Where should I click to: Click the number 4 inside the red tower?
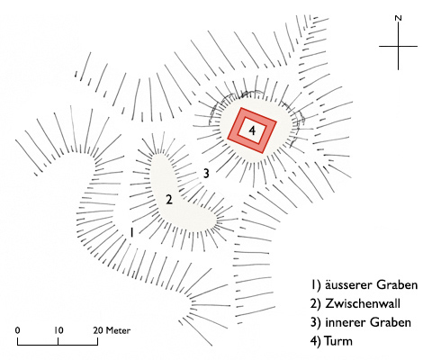pos(252,130)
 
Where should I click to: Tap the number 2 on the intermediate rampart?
pos(169,200)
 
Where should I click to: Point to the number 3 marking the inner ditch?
pos(206,174)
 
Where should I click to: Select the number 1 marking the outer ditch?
pos(131,232)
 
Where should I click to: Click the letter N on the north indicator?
pos(398,18)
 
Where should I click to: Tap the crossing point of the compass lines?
pos(398,46)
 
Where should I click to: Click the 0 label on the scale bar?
pos(18,330)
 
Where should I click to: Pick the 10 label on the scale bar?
pos(58,330)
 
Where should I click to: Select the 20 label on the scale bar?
pos(98,330)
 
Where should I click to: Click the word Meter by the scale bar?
pos(118,330)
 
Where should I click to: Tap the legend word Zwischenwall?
pos(363,303)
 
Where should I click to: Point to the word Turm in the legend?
pos(338,341)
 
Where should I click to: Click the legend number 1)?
pos(315,285)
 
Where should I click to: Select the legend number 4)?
pos(315,341)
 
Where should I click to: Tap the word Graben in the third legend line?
pos(390,322)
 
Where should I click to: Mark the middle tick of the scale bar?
pos(58,341)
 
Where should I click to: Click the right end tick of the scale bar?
pos(97,341)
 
